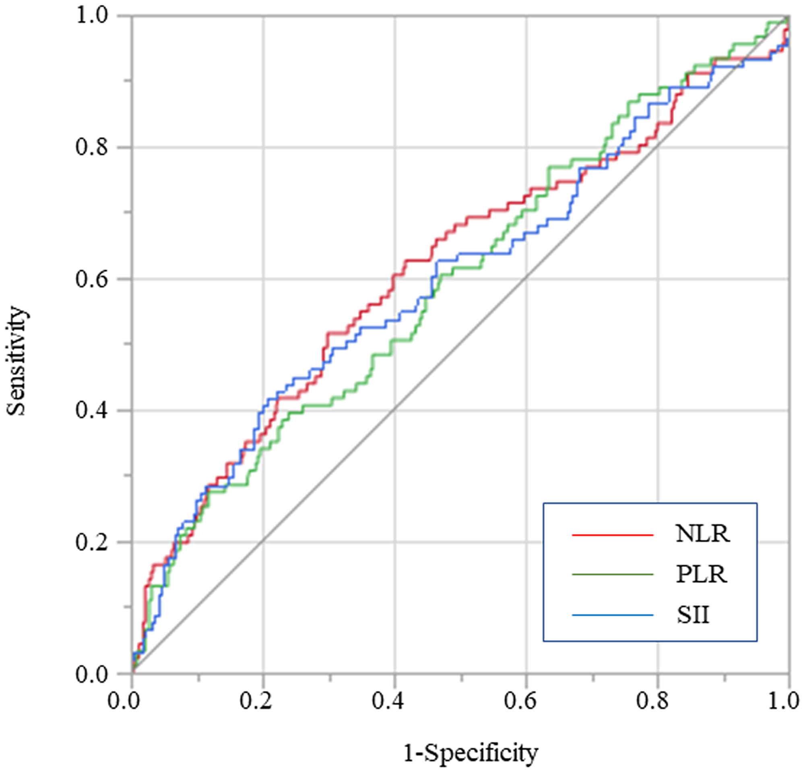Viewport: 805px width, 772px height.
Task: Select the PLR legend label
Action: (x=702, y=574)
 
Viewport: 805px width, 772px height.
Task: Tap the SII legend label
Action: (x=693, y=615)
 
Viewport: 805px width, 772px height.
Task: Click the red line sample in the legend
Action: (x=612, y=535)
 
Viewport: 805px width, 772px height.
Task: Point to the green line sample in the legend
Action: (x=612, y=574)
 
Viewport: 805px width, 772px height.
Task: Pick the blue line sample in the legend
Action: (x=612, y=615)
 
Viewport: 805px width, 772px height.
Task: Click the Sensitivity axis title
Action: (x=17, y=361)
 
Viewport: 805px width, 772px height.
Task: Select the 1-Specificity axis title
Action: (x=471, y=753)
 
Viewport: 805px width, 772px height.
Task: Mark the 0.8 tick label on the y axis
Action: (x=92, y=147)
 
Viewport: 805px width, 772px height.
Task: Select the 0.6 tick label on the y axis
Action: (x=92, y=279)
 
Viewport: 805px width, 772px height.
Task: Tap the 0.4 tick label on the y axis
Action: (x=92, y=410)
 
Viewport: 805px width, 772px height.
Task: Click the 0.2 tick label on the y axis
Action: (x=92, y=542)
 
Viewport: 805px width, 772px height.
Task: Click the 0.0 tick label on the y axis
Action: (x=92, y=674)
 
